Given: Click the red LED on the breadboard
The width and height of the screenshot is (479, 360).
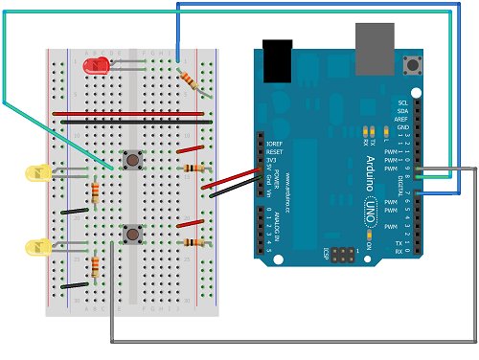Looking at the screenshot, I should coord(95,66).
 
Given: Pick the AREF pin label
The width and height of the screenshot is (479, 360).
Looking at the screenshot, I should coord(403,120).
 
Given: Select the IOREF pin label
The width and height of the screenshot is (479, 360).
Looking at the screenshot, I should coord(274,142).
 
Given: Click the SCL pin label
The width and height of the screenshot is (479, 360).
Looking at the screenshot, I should coord(403,102).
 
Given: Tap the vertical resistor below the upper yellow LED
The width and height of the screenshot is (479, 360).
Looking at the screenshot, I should coord(95,195).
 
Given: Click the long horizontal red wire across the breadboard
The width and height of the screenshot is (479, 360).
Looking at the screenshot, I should coord(134,114).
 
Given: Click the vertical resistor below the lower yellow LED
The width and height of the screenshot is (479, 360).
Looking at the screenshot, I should coord(95,267).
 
